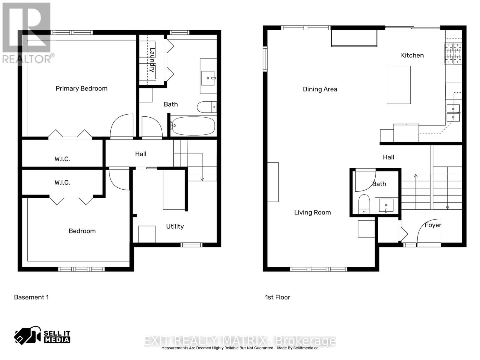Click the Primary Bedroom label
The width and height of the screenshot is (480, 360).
pyautogui.click(x=81, y=88)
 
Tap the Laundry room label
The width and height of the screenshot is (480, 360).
pyautogui.click(x=152, y=60)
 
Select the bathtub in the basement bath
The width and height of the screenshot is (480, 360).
pyautogui.click(x=193, y=126)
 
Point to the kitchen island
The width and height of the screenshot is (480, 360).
pyautogui.click(x=398, y=85)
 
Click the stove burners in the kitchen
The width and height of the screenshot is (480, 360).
pyautogui.click(x=453, y=53)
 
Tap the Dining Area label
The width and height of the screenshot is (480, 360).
pyautogui.click(x=320, y=89)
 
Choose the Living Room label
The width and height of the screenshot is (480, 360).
pyautogui.click(x=312, y=212)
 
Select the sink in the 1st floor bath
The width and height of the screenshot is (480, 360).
pyautogui.click(x=386, y=205)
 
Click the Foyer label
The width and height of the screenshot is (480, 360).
pyautogui.click(x=433, y=225)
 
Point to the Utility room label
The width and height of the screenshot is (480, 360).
pyautogui.click(x=175, y=226)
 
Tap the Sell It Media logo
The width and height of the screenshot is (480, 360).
pyautogui.click(x=42, y=337)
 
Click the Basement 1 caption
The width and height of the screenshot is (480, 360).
pyautogui.click(x=31, y=297)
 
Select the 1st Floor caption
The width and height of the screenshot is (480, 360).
pyautogui.click(x=277, y=297)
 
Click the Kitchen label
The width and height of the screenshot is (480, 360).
pyautogui.click(x=412, y=55)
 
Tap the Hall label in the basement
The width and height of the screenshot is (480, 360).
pyautogui.click(x=140, y=154)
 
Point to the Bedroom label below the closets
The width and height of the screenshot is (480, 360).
pyautogui.click(x=82, y=231)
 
